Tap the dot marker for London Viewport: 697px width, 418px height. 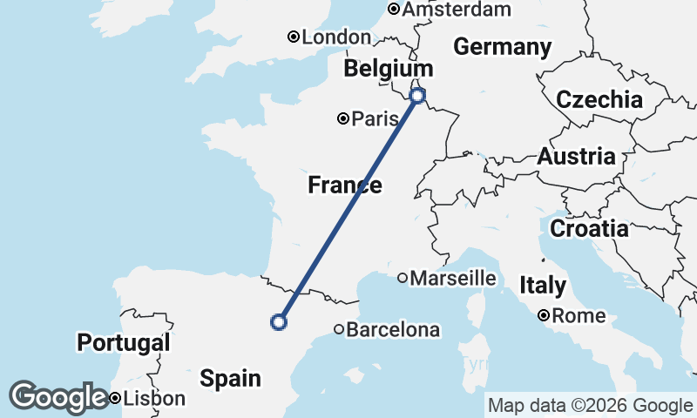[x=294, y=37]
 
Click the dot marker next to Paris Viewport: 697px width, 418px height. [x=344, y=118]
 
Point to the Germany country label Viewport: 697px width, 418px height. [x=503, y=47]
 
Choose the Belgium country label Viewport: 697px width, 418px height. [x=388, y=69]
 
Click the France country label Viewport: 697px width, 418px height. [x=344, y=185]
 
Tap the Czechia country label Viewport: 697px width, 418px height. [x=599, y=99]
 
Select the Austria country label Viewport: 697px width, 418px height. [x=577, y=157]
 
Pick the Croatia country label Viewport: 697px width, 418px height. [x=589, y=229]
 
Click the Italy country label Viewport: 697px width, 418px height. [x=543, y=285]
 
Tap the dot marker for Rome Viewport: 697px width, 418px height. [x=543, y=315]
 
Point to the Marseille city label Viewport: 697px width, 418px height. [x=453, y=279]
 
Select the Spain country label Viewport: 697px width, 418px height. [x=230, y=378]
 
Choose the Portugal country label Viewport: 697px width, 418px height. [x=124, y=342]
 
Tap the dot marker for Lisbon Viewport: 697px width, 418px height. [x=115, y=399]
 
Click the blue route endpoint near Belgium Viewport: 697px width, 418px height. [x=417, y=95]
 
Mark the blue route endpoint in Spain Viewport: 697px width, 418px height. [x=279, y=322]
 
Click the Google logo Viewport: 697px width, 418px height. [x=58, y=397]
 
